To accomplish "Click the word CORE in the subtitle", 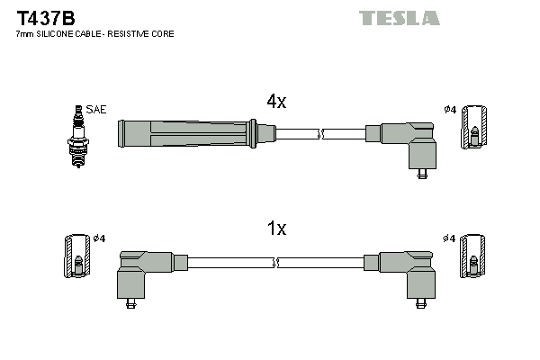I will point(163,34).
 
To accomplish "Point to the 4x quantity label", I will point(276,102).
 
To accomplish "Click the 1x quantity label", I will point(276,229).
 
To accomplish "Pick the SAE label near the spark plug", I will point(96,109).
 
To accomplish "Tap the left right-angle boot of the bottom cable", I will point(144,272).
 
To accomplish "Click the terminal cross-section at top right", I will point(475,127).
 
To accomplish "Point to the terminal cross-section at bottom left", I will point(77,256).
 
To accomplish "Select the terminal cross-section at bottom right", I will point(475,256).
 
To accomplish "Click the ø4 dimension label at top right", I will point(450,110).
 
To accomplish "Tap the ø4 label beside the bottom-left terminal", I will point(100,238).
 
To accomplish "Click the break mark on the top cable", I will point(321,134).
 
